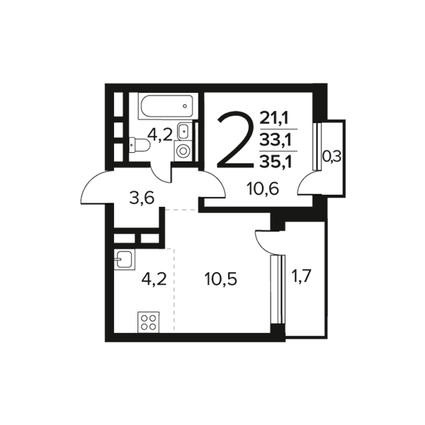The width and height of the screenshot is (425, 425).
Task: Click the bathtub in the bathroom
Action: coord(166,106)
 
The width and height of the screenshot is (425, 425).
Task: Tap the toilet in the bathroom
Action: coord(139,144)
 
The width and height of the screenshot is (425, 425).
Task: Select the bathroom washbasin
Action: coord(184,131)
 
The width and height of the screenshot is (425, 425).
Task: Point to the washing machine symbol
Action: coord(183,151)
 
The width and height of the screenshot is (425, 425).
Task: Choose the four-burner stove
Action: coord(148,322)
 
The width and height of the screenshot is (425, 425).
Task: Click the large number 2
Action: coord(235,140)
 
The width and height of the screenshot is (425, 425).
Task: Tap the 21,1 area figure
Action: coord(275,118)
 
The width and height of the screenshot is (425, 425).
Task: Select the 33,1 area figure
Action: coord(275,140)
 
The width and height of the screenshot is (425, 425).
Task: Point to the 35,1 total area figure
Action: coord(275,163)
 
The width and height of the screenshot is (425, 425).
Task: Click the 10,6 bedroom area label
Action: coord(263,188)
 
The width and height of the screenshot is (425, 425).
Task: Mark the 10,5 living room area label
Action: coord(221,279)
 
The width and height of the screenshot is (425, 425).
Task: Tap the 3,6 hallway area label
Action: coord(142,198)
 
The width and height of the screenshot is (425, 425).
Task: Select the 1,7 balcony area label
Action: coord(300,277)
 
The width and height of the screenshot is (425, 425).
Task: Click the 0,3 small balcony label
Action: coord(331,157)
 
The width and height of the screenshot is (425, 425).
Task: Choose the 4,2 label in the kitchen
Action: coord(154,279)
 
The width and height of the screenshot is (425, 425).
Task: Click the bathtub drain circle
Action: coord(185,106)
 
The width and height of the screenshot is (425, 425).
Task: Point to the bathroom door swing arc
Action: coord(158,176)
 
